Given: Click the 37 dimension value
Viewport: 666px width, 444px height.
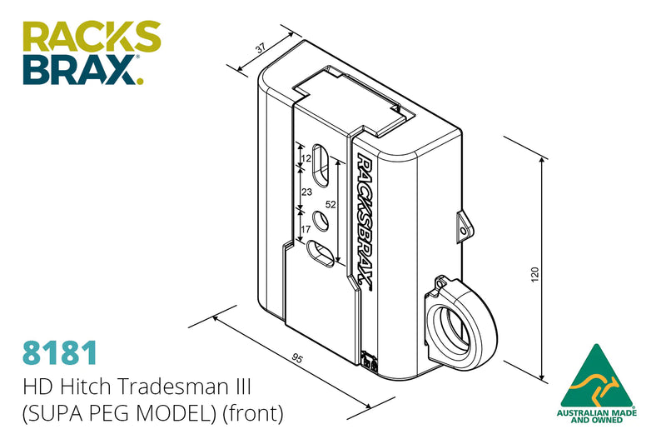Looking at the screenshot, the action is [261, 47].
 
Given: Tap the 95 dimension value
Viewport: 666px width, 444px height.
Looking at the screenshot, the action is [297, 359].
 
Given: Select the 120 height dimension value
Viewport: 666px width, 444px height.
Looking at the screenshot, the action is [534, 274].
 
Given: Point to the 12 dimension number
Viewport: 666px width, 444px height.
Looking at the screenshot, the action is [306, 158].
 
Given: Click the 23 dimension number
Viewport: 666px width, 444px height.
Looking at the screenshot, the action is [306, 192].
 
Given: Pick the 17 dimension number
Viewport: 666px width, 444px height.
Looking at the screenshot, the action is [306, 229].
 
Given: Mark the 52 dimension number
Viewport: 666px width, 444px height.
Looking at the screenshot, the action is [331, 204].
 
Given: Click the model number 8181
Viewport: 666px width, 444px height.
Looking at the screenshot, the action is [60, 352].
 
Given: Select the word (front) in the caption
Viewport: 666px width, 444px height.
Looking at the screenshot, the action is [253, 413].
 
